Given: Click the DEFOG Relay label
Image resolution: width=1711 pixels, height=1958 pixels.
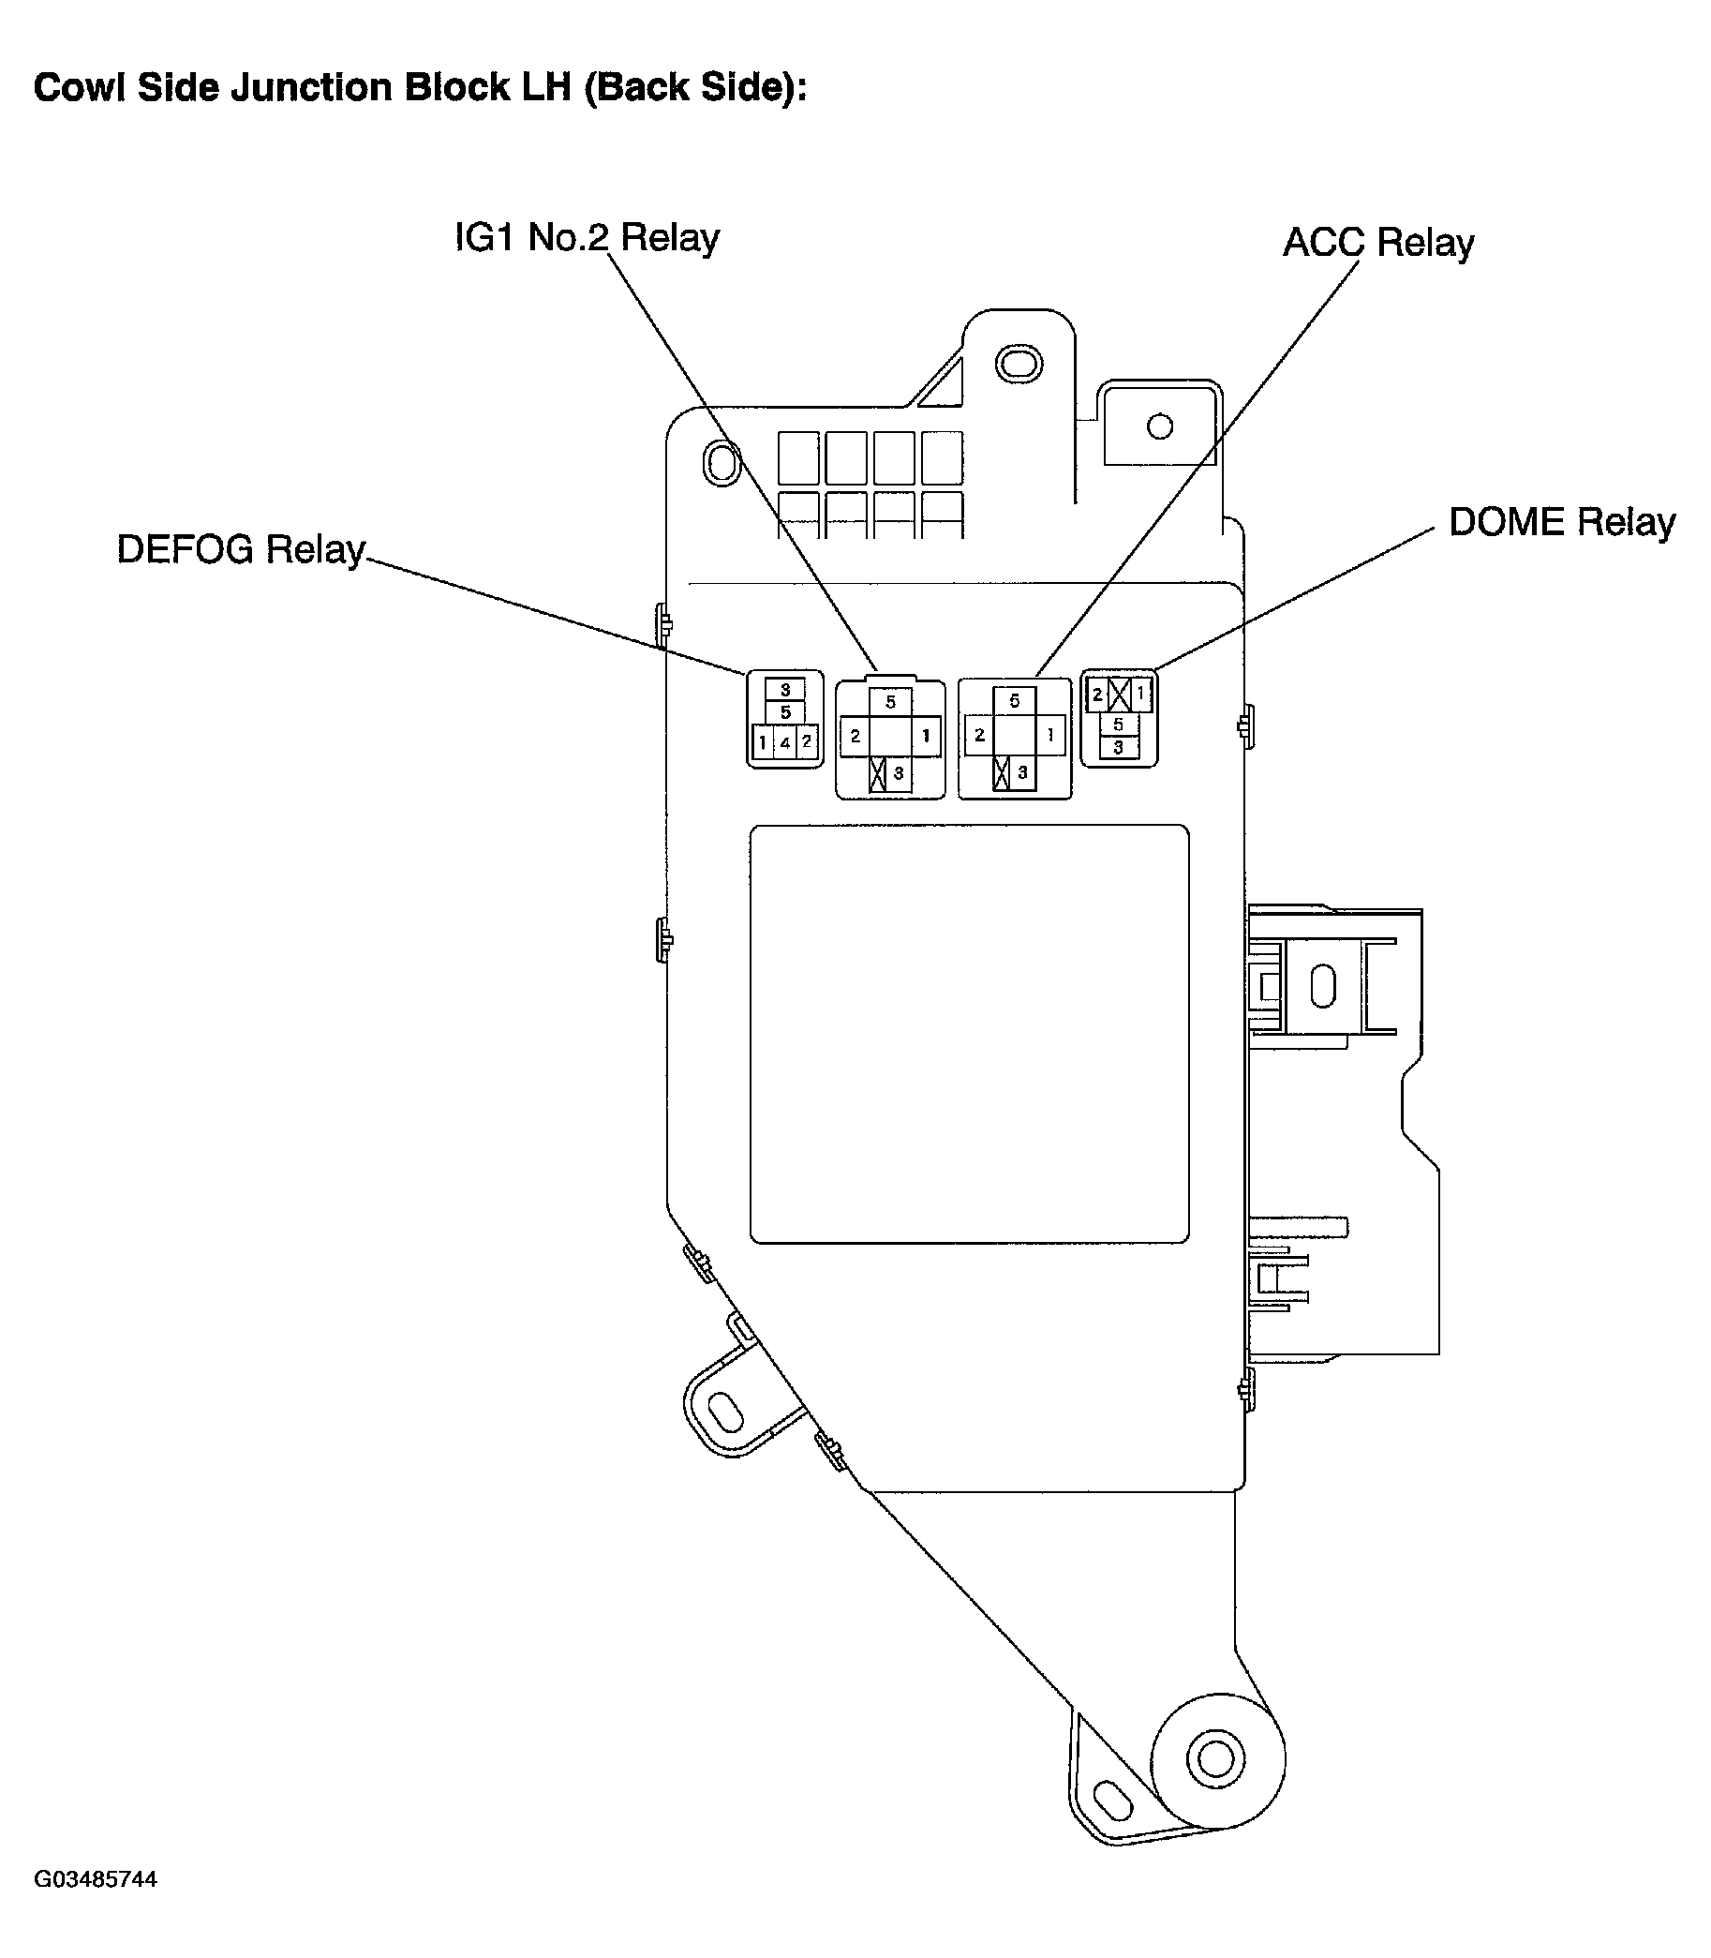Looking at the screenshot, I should click(241, 550).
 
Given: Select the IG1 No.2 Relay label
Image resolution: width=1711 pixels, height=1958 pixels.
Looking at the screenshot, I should click(587, 238).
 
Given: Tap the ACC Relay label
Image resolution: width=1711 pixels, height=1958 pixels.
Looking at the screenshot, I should click(1377, 243).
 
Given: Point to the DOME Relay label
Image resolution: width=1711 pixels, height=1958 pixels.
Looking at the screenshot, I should click(1561, 522).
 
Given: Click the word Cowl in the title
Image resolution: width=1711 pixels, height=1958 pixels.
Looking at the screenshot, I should click(80, 88).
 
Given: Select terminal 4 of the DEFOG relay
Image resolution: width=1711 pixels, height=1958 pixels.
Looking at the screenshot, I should click(785, 742).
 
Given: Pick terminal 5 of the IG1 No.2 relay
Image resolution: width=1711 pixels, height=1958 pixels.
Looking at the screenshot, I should click(890, 702).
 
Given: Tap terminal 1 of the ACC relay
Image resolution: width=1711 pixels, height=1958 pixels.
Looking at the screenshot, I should click(1050, 736).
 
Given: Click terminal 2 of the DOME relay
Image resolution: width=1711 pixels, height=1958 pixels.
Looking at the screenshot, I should click(1097, 695).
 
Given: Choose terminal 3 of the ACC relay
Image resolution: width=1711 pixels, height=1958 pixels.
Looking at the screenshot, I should click(1021, 771).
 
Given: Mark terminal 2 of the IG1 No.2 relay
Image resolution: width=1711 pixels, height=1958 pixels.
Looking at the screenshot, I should click(855, 736).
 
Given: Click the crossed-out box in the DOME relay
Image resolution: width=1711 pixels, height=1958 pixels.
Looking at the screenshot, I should click(1119, 695).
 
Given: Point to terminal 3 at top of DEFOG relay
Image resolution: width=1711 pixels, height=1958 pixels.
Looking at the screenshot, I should click(785, 689).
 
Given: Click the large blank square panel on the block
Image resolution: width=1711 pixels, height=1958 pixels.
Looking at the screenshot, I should click(969, 1034).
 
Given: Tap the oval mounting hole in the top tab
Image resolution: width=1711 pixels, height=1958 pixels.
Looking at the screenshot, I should click(1019, 363).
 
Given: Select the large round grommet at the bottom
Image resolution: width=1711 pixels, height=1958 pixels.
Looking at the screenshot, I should click(1216, 1758).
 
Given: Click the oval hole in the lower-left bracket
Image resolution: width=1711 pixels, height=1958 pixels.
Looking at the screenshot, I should click(726, 1411).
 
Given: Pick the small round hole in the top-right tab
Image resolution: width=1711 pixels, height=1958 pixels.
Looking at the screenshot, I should click(1160, 426).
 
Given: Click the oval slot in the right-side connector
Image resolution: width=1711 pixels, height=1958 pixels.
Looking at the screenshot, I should click(1322, 986).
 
